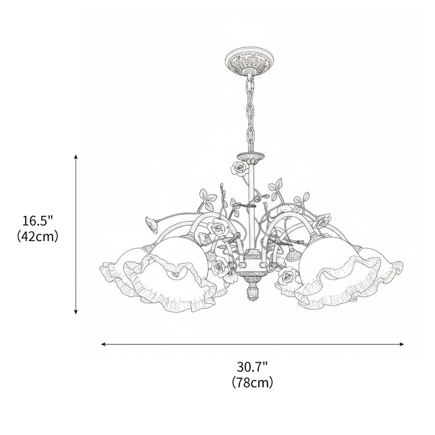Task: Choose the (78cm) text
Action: pos(252,382)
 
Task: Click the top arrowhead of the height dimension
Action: pos(76,157)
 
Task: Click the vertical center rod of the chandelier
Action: pos(252,207)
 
